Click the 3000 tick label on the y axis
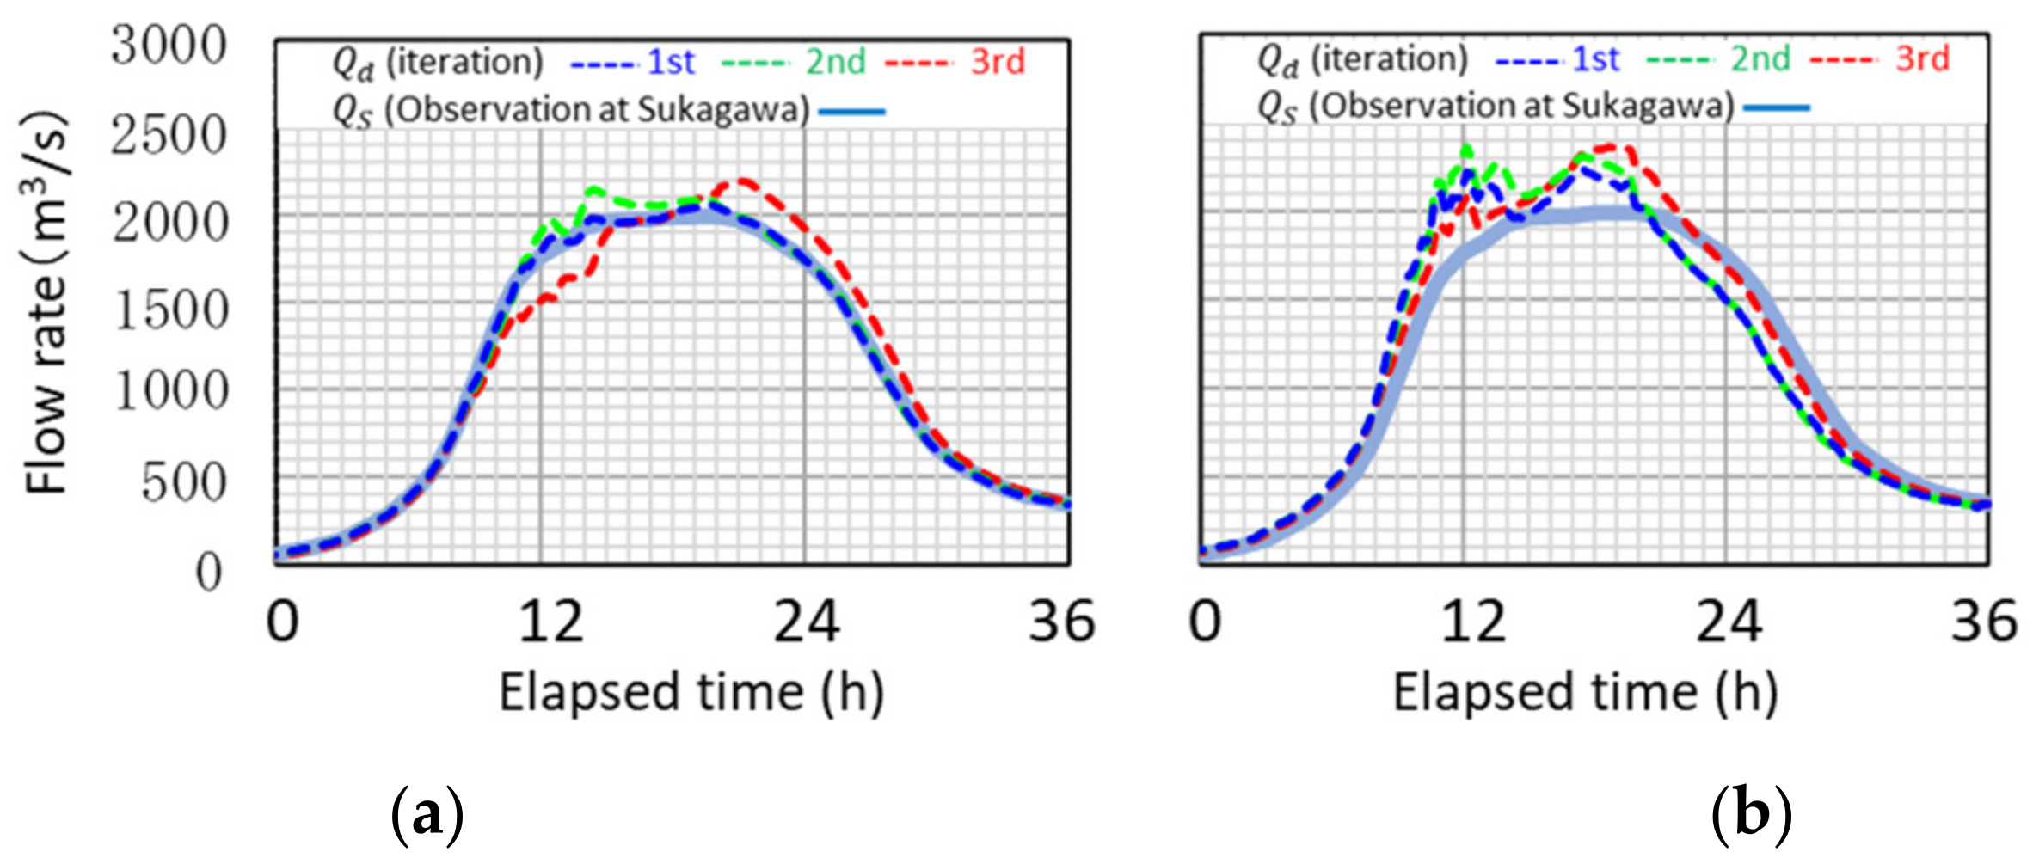[169, 46]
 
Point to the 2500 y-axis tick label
[169, 135]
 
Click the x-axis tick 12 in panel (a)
[550, 622]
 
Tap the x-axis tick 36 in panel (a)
[1061, 622]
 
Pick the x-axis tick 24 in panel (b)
[1729, 622]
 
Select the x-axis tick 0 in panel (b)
[1205, 622]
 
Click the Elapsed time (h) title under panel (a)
[691, 693]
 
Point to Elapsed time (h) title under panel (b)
[1585, 693]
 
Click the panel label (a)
[427, 813]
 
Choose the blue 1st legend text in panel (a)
[671, 63]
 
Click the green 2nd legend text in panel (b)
[1760, 59]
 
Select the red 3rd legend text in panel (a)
[998, 63]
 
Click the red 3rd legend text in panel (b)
[1923, 59]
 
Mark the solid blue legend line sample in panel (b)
[1777, 108]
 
